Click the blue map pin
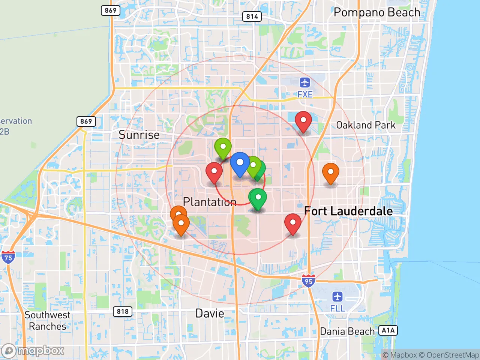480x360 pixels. (x=240, y=163)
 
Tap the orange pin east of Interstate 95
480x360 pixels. (x=331, y=173)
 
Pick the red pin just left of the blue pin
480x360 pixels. (x=214, y=172)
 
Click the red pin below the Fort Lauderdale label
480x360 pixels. (x=293, y=224)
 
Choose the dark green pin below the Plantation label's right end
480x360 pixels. (x=258, y=198)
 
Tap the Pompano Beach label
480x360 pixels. (x=376, y=12)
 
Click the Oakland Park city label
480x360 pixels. (x=366, y=125)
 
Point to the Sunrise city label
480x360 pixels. (x=139, y=135)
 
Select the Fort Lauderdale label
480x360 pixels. (x=348, y=211)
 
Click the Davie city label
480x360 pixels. (x=210, y=313)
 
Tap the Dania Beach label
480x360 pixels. (x=347, y=331)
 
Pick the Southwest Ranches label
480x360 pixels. (x=48, y=321)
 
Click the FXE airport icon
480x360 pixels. (x=305, y=82)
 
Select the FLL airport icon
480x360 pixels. (x=337, y=297)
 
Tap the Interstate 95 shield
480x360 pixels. (x=308, y=280)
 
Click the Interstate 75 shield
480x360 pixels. (x=8, y=257)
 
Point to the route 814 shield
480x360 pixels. (x=252, y=16)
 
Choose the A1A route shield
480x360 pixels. (x=388, y=330)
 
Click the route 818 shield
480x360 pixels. (x=123, y=312)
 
